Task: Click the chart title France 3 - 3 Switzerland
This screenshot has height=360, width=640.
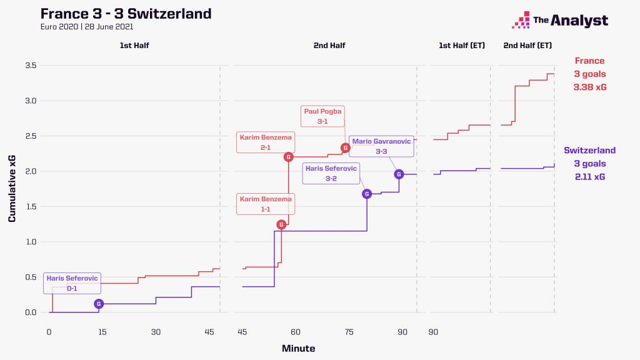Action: tap(126, 13)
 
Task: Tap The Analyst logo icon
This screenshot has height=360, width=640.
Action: tap(520, 21)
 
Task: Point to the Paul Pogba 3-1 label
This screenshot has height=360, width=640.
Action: tap(322, 116)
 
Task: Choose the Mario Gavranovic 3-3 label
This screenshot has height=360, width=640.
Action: tap(382, 146)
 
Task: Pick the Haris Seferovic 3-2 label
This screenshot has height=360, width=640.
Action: tap(331, 173)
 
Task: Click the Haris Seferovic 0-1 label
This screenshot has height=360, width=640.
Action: tap(71, 283)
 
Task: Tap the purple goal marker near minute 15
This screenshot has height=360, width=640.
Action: tap(99, 304)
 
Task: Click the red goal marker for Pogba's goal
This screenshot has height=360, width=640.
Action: tap(345, 148)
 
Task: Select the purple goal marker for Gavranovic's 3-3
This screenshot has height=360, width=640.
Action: tap(399, 174)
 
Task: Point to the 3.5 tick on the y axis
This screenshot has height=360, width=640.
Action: tap(31, 66)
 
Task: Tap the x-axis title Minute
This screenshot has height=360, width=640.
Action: tap(298, 348)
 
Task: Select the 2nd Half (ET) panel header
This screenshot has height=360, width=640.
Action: tap(527, 46)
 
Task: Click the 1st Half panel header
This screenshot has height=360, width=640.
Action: tap(134, 46)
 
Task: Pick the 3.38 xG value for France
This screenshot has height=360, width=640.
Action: tap(590, 87)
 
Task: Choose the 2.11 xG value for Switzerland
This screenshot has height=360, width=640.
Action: tap(590, 177)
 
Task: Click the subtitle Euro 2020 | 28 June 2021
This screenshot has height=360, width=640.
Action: tap(86, 26)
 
